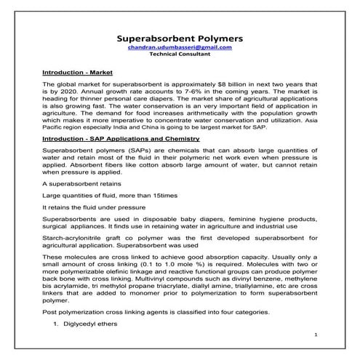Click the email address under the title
point(180,47)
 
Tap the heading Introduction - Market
point(76,73)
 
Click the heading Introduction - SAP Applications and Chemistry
point(121,137)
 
